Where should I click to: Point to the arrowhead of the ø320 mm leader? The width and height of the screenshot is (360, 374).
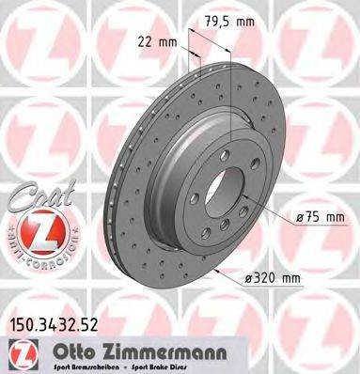pos(217,273)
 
